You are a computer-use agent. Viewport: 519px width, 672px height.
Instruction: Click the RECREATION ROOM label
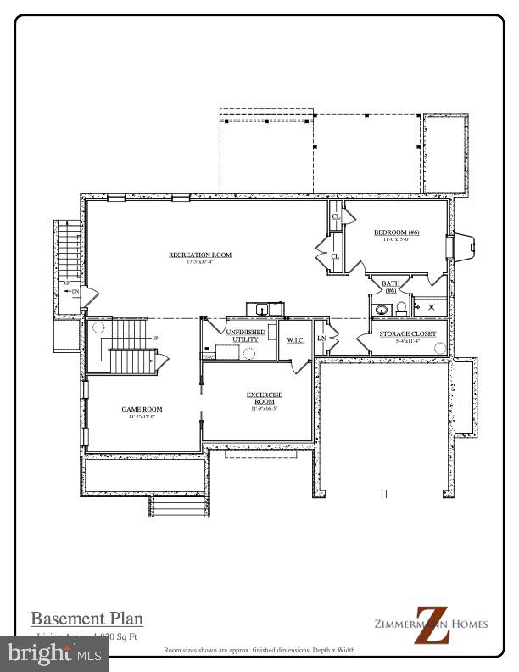(200, 255)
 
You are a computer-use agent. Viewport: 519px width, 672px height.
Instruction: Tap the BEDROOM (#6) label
(397, 232)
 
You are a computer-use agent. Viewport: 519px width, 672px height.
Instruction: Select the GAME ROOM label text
(142, 409)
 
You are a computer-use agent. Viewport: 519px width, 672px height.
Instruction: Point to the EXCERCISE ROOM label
(265, 398)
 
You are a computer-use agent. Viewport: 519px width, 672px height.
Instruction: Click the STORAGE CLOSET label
(407, 334)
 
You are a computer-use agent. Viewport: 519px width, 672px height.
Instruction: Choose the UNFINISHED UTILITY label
(245, 335)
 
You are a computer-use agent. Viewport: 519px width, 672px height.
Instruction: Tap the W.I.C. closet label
(295, 340)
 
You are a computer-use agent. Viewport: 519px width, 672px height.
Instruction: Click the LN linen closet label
(321, 339)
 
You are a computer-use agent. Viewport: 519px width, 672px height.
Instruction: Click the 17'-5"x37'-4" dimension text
(200, 262)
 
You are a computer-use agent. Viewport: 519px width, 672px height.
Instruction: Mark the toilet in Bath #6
(401, 308)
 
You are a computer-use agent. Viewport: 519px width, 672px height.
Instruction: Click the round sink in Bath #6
(379, 311)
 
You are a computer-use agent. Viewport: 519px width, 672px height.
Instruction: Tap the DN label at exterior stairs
(75, 292)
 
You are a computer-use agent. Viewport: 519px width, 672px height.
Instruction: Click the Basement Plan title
(86, 619)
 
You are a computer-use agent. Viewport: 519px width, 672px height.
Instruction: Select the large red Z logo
(431, 624)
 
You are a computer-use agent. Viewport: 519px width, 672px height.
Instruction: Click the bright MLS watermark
(54, 653)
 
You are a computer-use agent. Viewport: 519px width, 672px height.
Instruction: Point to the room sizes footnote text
(259, 650)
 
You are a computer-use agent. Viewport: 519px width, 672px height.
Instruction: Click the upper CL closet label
(336, 217)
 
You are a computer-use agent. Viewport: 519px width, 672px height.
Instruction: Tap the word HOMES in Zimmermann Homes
(468, 624)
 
